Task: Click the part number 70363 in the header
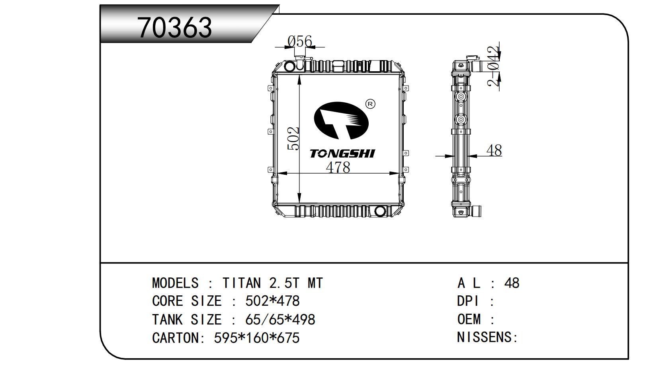(x=174, y=27)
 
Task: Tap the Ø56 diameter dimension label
(x=300, y=41)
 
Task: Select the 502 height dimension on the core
(x=293, y=139)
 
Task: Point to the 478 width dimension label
(x=338, y=168)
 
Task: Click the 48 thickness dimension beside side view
(x=494, y=150)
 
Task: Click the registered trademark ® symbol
(x=370, y=104)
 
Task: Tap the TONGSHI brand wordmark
(x=342, y=154)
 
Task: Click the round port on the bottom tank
(x=380, y=211)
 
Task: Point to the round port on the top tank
(x=289, y=66)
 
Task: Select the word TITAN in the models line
(x=242, y=283)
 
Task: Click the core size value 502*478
(x=272, y=301)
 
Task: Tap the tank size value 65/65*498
(x=280, y=320)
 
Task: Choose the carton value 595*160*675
(x=257, y=338)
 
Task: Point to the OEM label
(x=469, y=319)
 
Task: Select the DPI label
(x=468, y=301)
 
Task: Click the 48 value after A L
(x=512, y=283)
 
